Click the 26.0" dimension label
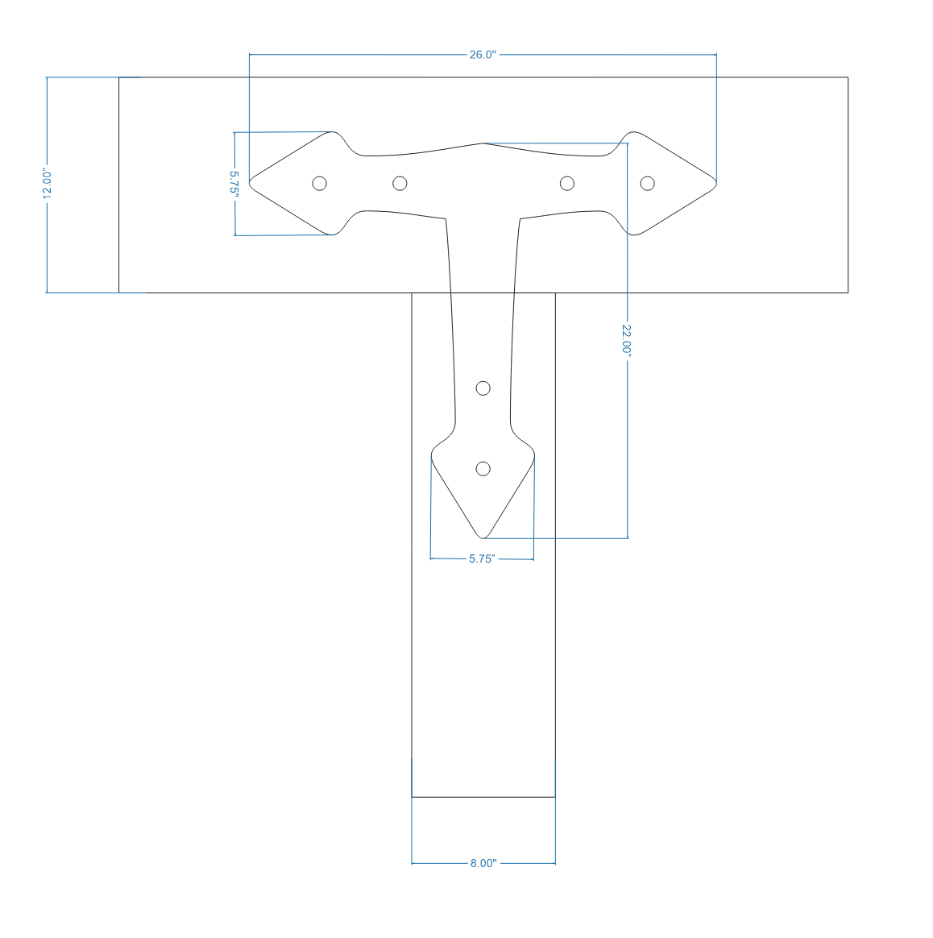click(483, 55)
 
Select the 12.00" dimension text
click(48, 184)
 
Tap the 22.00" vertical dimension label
click(627, 338)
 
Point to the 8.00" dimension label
click(483, 863)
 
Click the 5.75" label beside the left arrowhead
click(234, 184)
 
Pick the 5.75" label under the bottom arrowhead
click(481, 558)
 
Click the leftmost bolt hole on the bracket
click(319, 183)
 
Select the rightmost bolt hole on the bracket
click(647, 183)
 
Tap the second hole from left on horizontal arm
click(400, 183)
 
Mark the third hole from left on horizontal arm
click(567, 183)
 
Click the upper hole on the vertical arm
click(483, 388)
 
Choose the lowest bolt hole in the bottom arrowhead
click(483, 468)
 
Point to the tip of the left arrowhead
click(250, 183)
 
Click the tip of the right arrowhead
click(716, 183)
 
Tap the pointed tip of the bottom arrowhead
click(483, 537)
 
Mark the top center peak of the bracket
click(483, 143)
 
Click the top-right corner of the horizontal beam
click(848, 77)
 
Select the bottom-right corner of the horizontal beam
click(848, 293)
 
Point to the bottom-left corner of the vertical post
click(412, 797)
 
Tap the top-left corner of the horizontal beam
click(119, 77)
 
